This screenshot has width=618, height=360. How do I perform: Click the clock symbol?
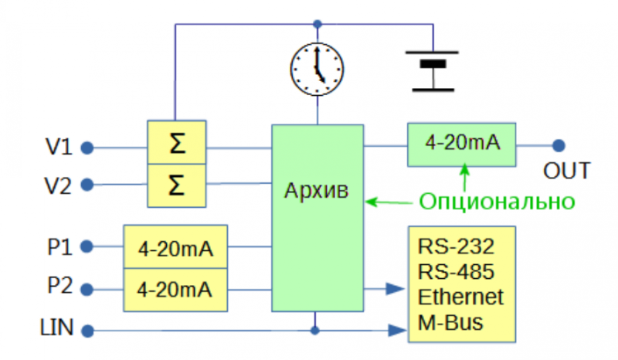317,70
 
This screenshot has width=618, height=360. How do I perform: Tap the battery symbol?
433,71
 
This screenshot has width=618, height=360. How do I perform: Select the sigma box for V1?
177,142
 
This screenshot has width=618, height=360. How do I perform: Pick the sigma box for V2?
177,185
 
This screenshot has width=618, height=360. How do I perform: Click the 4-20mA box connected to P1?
175,247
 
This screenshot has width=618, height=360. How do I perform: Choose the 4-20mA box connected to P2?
175,290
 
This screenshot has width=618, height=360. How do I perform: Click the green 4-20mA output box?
461,144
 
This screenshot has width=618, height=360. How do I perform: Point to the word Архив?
317,191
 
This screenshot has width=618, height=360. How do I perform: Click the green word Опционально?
497,202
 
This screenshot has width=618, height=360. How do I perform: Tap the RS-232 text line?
456,246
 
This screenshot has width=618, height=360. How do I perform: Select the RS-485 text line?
456,272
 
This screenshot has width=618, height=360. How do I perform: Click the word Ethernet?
460,297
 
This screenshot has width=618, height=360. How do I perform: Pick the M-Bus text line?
450,322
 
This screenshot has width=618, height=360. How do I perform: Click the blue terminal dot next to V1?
87,148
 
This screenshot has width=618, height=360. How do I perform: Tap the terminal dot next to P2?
87,290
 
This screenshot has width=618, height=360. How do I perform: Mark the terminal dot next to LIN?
87,331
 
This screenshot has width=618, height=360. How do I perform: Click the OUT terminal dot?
559,145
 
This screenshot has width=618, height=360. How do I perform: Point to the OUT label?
567,171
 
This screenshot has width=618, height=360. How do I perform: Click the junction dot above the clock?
317,24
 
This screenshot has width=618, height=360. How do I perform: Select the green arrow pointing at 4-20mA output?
465,178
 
